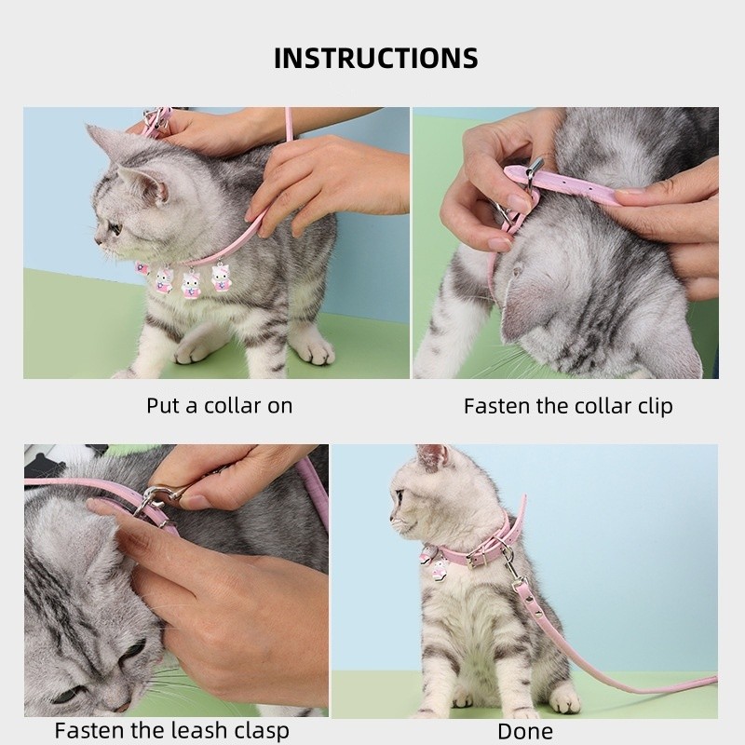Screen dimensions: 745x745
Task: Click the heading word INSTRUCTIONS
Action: [376, 58]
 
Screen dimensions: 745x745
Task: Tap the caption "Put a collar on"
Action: [219, 405]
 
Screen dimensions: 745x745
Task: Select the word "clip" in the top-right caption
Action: [652, 406]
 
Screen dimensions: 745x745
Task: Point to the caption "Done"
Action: [524, 731]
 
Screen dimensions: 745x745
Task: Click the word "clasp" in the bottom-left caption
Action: [257, 730]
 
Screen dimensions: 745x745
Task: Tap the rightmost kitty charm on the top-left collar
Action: [221, 278]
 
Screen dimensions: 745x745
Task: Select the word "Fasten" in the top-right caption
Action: [499, 406]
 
